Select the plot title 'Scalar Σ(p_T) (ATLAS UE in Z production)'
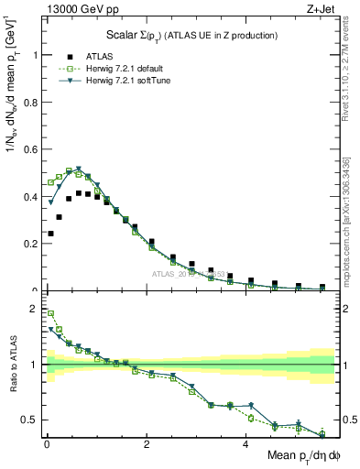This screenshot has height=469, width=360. pyautogui.click(x=189, y=35)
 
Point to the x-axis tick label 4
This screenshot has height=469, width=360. pyautogui.click(x=245, y=445)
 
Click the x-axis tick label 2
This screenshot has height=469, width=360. pyautogui.click(x=146, y=445)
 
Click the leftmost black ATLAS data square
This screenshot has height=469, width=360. pyautogui.click(x=49, y=234)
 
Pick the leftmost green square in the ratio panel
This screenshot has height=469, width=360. pyautogui.click(x=49, y=313)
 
